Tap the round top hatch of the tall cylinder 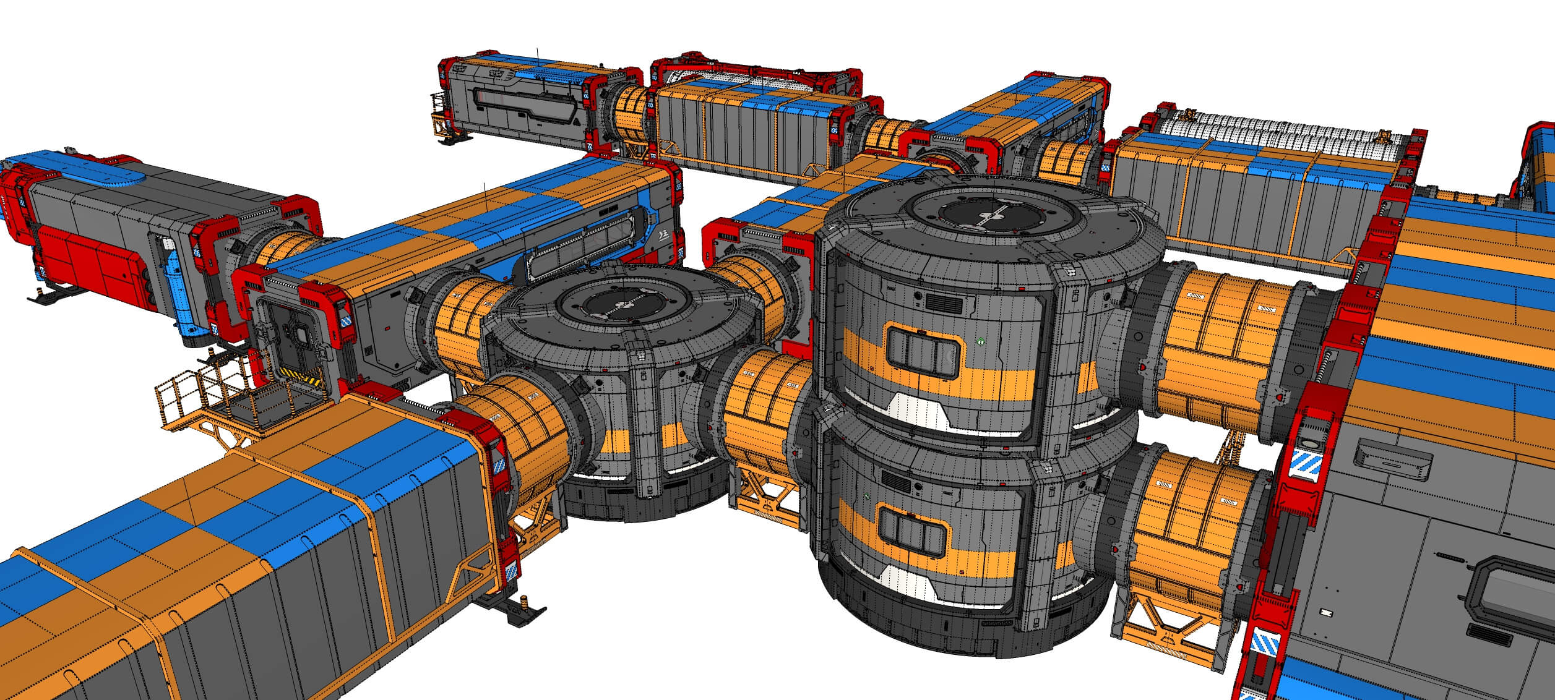tap(989, 213)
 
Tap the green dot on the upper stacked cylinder tap(981, 341)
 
